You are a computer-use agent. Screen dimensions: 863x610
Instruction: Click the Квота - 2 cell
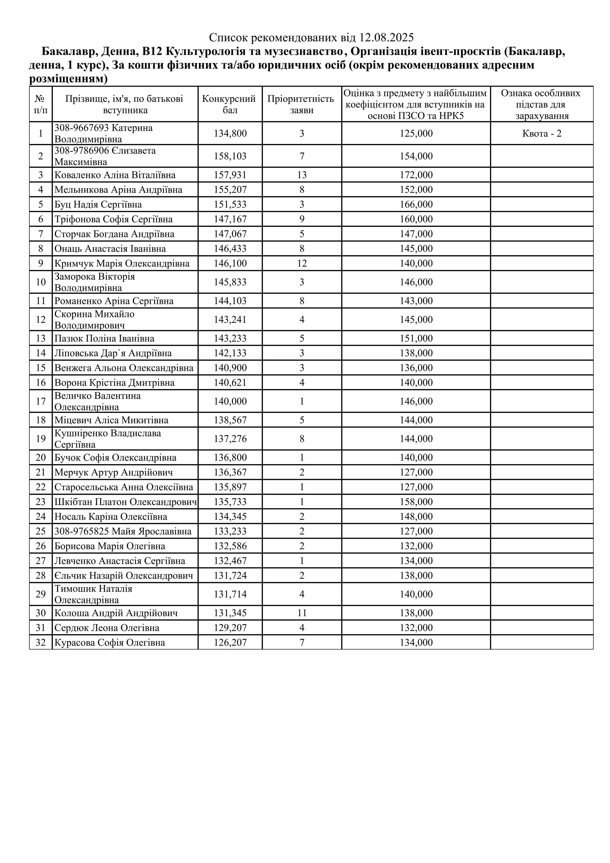pos(542,133)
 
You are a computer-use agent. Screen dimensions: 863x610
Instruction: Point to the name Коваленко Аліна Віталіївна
pos(115,175)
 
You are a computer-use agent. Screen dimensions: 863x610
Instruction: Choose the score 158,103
pos(230,156)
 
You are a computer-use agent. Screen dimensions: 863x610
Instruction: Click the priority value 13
pos(302,175)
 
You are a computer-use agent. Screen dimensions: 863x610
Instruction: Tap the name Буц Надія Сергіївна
pos(98,204)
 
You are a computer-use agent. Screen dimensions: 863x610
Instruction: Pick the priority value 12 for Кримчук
pos(302,264)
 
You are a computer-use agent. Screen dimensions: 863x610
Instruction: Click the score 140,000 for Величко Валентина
pos(230,401)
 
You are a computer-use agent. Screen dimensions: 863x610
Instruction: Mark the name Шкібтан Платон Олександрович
pos(125,502)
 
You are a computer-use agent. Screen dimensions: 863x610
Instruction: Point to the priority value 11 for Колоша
pos(302,613)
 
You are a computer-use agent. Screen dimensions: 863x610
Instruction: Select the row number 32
pos(41,643)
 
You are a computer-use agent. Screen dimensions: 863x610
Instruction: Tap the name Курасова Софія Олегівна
pos(110,643)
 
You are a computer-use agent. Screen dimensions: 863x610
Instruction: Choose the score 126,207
pos(230,643)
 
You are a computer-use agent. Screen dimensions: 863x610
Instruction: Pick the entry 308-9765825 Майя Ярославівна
pos(123,531)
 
